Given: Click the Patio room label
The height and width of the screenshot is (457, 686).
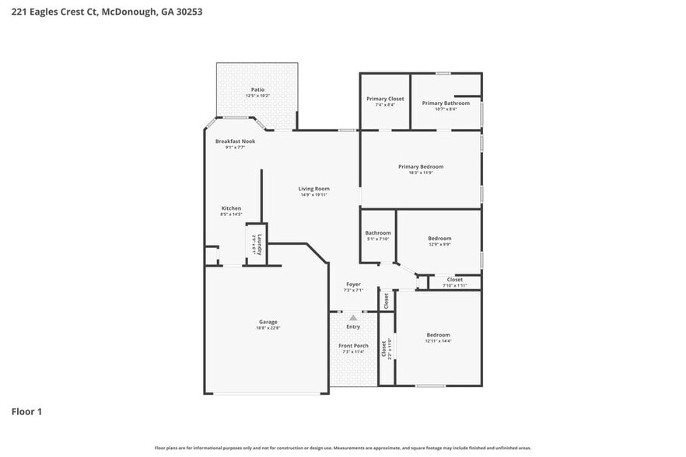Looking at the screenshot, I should [x=257, y=89].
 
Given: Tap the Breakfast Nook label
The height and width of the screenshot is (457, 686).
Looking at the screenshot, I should [x=235, y=141].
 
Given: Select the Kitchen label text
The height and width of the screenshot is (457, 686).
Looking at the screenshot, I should [x=231, y=208].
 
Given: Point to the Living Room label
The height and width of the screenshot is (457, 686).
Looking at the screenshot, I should [x=314, y=189].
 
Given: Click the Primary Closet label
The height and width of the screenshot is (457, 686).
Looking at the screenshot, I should [x=385, y=99].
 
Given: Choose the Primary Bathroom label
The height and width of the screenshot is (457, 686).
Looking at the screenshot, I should [x=446, y=103].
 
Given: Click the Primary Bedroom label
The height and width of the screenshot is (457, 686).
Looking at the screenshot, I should [x=420, y=166].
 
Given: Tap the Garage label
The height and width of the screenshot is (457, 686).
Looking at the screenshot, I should [x=268, y=322].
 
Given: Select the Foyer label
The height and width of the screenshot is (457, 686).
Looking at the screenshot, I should [x=353, y=284].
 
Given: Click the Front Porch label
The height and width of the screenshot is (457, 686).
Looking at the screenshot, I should [x=353, y=345].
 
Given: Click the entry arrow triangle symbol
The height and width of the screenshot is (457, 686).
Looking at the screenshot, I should [x=353, y=317].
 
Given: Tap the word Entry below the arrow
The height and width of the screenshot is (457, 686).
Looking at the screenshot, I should [x=353, y=326].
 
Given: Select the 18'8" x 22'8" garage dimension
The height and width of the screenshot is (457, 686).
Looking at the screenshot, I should [x=268, y=328].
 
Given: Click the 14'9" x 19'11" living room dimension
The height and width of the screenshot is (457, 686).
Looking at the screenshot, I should [x=314, y=195].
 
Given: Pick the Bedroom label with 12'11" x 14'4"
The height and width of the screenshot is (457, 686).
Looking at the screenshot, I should [x=439, y=335].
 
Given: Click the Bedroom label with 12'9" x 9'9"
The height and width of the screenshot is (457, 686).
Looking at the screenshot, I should [x=439, y=239].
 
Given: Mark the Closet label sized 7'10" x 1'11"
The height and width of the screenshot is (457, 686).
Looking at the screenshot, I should [x=454, y=280].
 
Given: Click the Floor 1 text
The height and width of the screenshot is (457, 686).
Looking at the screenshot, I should [x=26, y=411].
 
